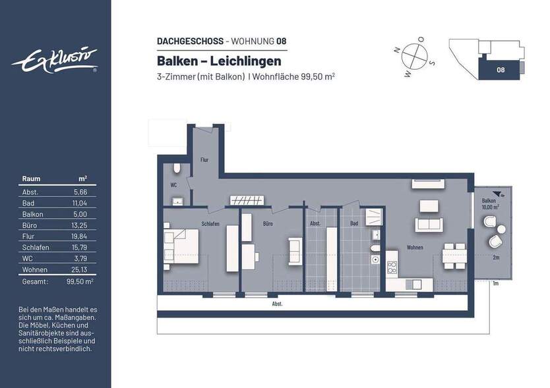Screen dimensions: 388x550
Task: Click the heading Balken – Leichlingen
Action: click(x=219, y=61)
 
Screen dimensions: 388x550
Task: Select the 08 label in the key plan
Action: click(x=501, y=69)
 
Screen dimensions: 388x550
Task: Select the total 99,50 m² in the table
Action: click(x=80, y=281)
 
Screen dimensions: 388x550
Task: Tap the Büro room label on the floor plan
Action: click(x=268, y=224)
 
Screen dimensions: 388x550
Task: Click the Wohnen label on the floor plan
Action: click(x=415, y=248)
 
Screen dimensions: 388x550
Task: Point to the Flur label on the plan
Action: click(x=204, y=160)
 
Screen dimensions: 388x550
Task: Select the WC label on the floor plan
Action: click(x=173, y=185)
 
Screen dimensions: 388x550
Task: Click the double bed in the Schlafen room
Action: click(x=181, y=244)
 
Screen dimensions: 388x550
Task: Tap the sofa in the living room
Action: click(x=431, y=225)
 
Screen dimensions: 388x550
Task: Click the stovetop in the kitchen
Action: click(x=392, y=267)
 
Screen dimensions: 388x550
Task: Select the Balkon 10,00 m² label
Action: click(x=490, y=204)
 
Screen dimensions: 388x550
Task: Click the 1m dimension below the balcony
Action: click(x=495, y=283)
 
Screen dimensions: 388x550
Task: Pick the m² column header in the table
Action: click(x=83, y=179)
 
